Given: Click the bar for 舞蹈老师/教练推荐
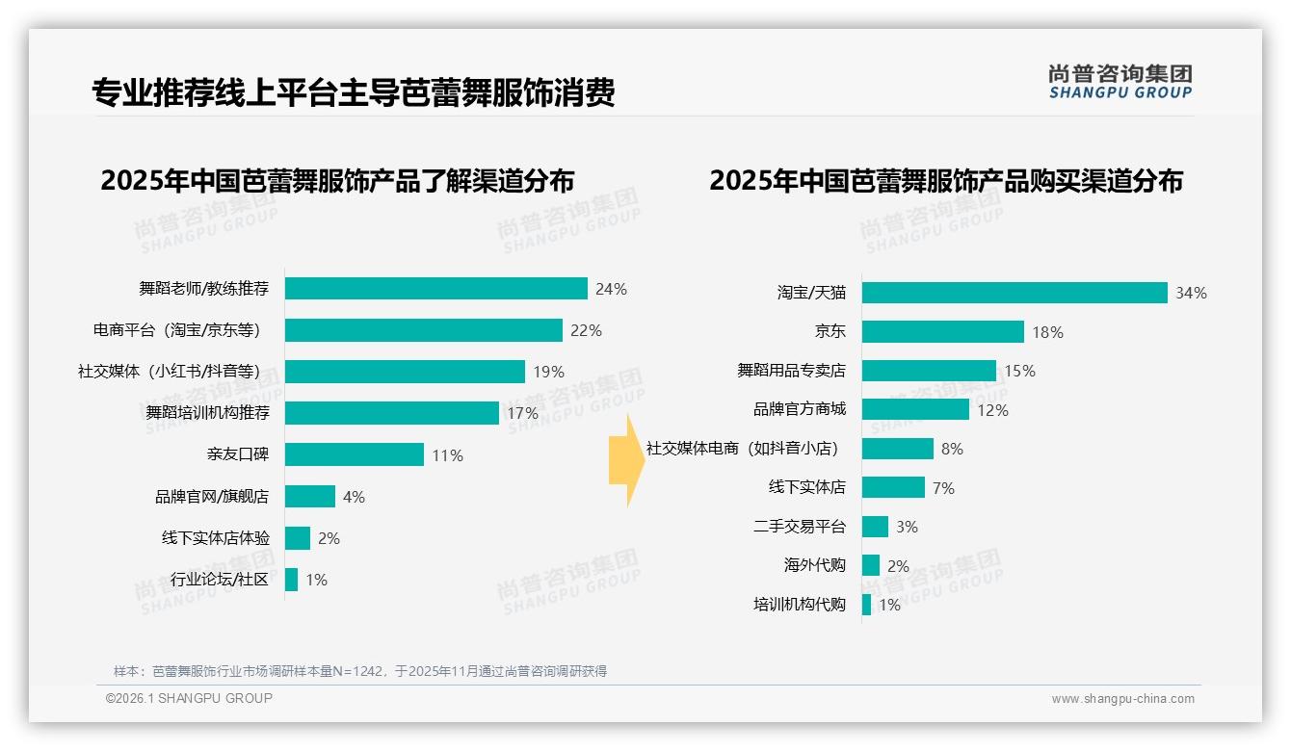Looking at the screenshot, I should coord(435,289).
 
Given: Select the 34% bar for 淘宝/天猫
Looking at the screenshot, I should coord(1014,293).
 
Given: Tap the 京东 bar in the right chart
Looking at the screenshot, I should coord(942,332).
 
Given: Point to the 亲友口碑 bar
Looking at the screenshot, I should coord(354,454).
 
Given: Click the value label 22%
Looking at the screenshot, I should coord(586,330).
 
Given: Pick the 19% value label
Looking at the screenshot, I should coord(548,372).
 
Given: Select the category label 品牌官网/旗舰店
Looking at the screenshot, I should coord(212,497).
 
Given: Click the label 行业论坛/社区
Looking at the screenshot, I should coord(220,580).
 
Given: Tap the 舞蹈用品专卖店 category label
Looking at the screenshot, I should coord(791,371).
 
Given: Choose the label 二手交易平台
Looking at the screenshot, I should coord(799,527).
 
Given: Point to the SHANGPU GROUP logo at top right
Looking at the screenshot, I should coord(1120,82).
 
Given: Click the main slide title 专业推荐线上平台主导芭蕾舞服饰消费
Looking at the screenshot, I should coord(353,93).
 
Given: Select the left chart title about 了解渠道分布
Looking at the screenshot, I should coord(337,181).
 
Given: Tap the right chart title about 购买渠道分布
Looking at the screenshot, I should coord(946,181).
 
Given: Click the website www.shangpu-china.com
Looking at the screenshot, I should coord(1122,699).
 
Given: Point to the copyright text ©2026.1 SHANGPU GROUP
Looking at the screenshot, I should coord(189,698).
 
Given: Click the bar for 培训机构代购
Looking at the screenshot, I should coord(866,605).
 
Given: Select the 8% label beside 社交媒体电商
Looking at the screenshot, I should coord(952,449).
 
